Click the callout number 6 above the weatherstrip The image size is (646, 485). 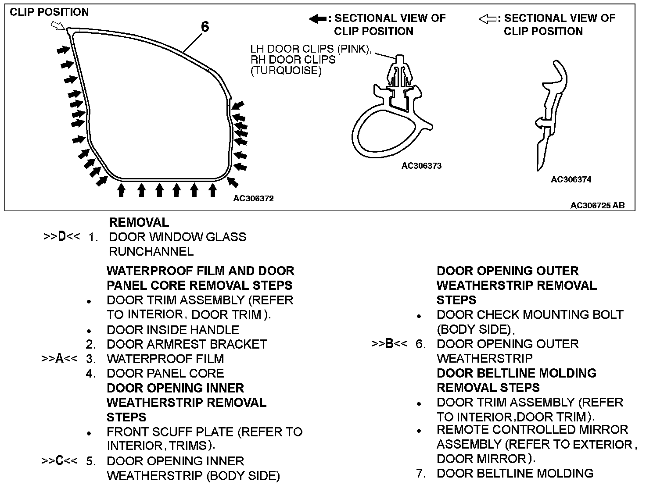205,27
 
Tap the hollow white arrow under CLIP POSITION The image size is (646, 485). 57,26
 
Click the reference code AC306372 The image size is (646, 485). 253,199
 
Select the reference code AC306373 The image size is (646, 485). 421,166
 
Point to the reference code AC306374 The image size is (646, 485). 571,179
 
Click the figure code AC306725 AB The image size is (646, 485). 597,205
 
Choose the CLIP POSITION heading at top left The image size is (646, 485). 49,12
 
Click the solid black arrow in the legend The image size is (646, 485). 317,19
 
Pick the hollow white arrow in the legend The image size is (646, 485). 487,19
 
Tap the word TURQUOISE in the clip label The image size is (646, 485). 286,71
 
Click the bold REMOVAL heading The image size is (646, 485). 139,222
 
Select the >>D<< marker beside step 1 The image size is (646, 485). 61,237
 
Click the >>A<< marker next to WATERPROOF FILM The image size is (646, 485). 59,359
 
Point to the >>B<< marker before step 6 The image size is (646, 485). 389,344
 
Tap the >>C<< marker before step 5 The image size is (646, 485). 59,461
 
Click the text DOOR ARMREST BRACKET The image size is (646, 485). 187,344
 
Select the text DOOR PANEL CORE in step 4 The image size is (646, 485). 165,374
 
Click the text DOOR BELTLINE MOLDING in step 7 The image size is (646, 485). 515,474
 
